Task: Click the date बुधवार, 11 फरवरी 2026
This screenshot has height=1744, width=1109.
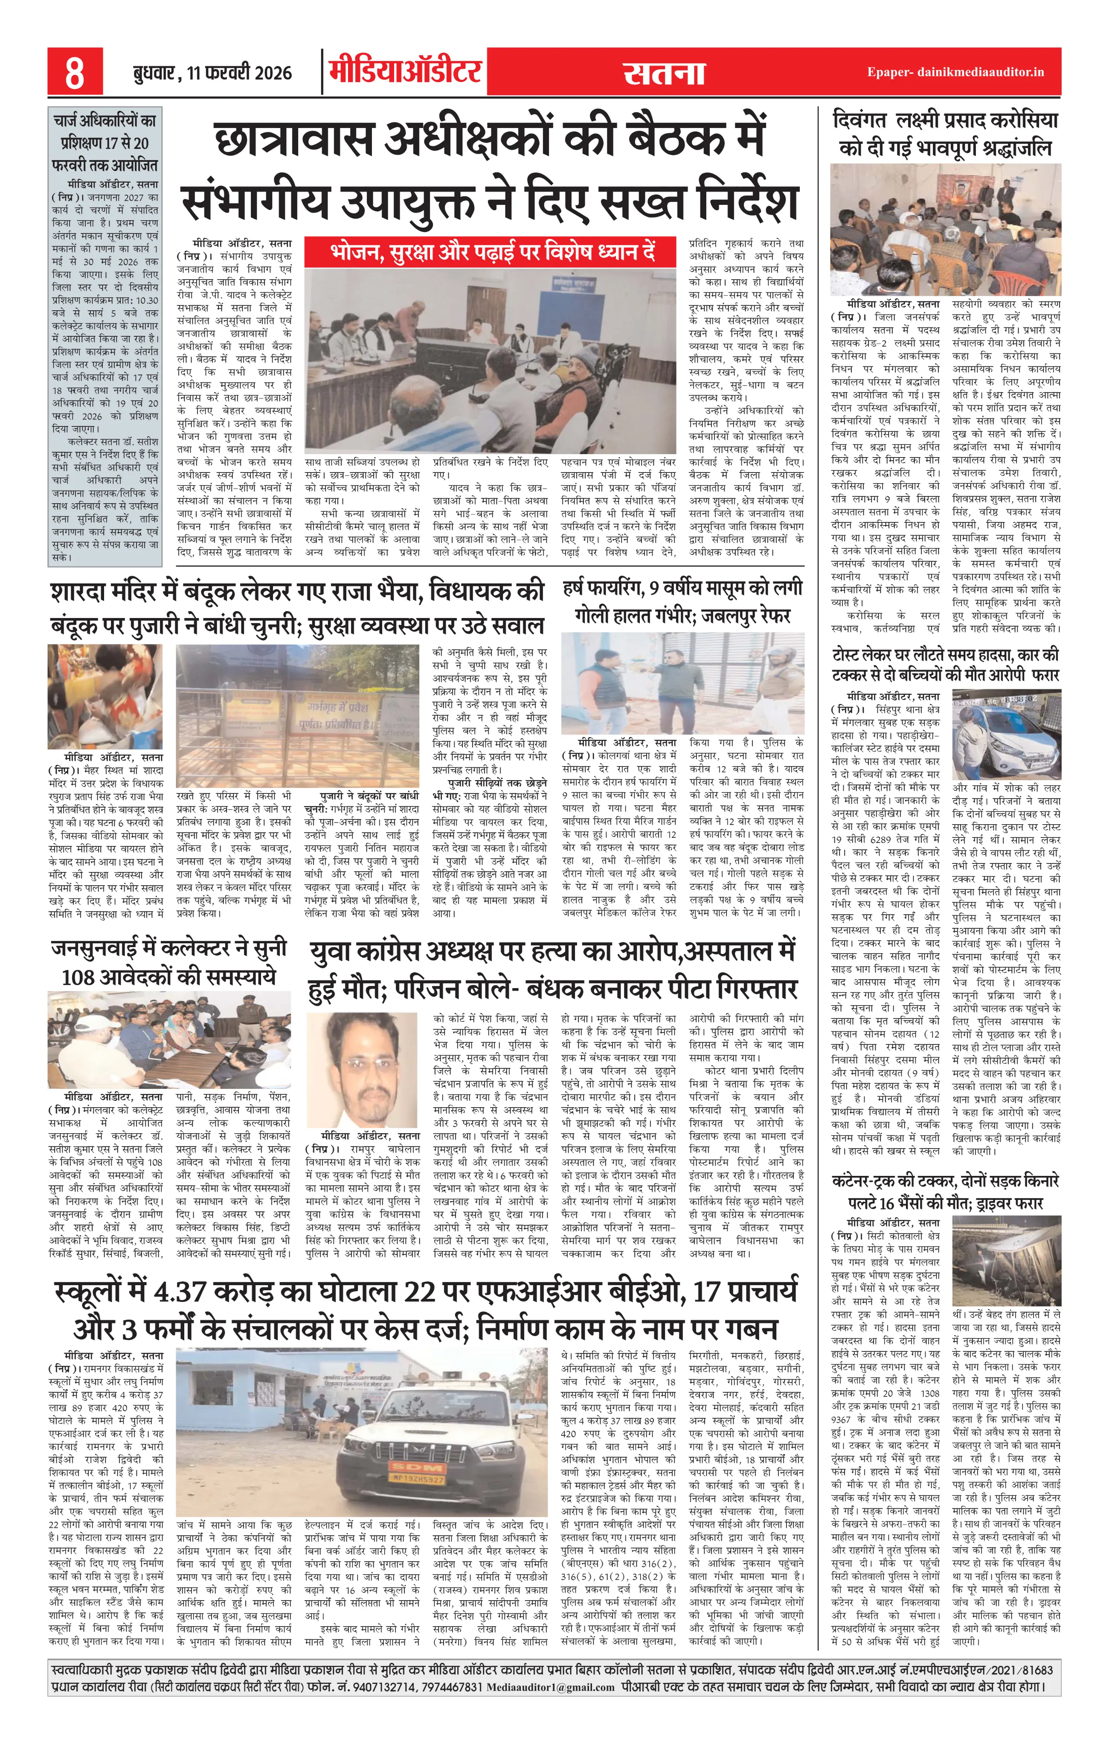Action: [x=212, y=73]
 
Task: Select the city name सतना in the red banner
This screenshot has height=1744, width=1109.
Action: [x=664, y=73]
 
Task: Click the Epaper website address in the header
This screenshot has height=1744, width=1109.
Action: [x=955, y=72]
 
